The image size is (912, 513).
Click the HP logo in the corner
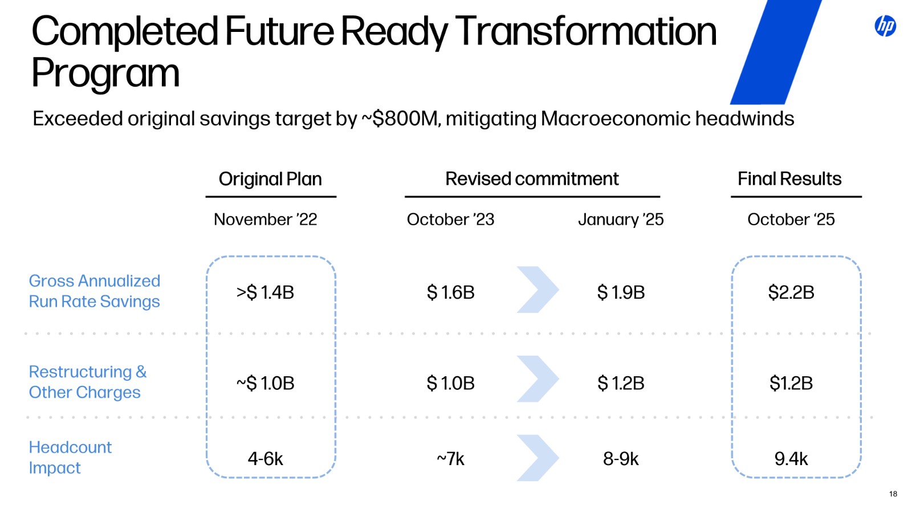885,26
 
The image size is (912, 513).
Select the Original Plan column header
270,179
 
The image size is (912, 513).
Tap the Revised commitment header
532,179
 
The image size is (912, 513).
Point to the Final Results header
789,179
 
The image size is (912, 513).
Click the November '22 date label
265,219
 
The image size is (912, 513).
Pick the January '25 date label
621,219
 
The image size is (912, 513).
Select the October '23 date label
450,219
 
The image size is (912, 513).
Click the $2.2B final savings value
791,292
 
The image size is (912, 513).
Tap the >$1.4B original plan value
265,292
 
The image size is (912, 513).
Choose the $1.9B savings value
621,292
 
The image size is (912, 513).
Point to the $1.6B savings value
450,292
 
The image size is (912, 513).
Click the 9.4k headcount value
791,459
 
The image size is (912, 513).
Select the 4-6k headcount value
265,459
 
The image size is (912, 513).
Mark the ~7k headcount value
450,459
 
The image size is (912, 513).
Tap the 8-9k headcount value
621,459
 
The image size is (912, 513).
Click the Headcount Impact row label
70,457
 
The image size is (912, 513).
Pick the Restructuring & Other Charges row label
88,382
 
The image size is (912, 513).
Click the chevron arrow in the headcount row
538,458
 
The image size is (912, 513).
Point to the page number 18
893,494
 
